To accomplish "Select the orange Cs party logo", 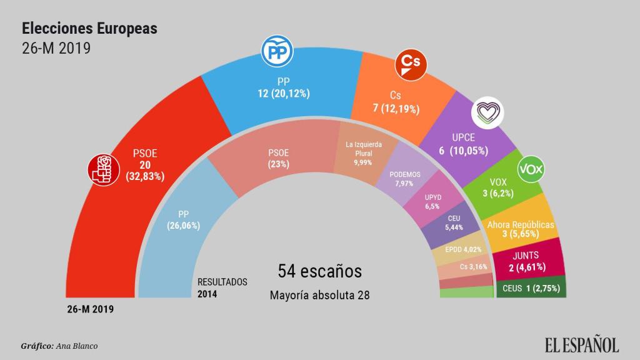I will (x=410, y=67).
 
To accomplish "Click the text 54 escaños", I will (x=319, y=271).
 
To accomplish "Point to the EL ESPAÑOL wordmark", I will (x=581, y=344).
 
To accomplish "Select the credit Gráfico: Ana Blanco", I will (x=59, y=346).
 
